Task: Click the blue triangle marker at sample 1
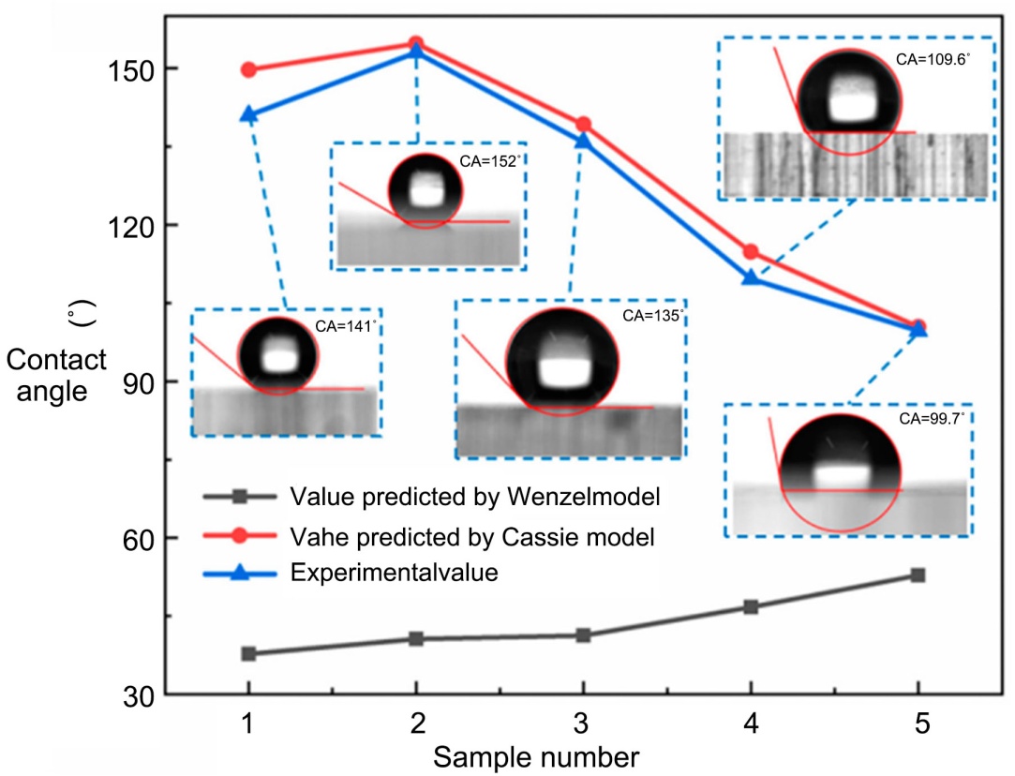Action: pos(248,114)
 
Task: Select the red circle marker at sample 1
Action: pos(248,69)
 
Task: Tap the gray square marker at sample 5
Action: pos(918,575)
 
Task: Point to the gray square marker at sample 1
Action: pos(248,653)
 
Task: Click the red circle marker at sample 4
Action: pos(751,251)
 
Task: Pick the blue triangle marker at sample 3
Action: pos(583,141)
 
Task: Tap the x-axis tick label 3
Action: pos(583,722)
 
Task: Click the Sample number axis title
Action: pos(537,755)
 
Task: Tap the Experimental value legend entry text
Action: pos(394,574)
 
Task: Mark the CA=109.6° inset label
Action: pos(933,58)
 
